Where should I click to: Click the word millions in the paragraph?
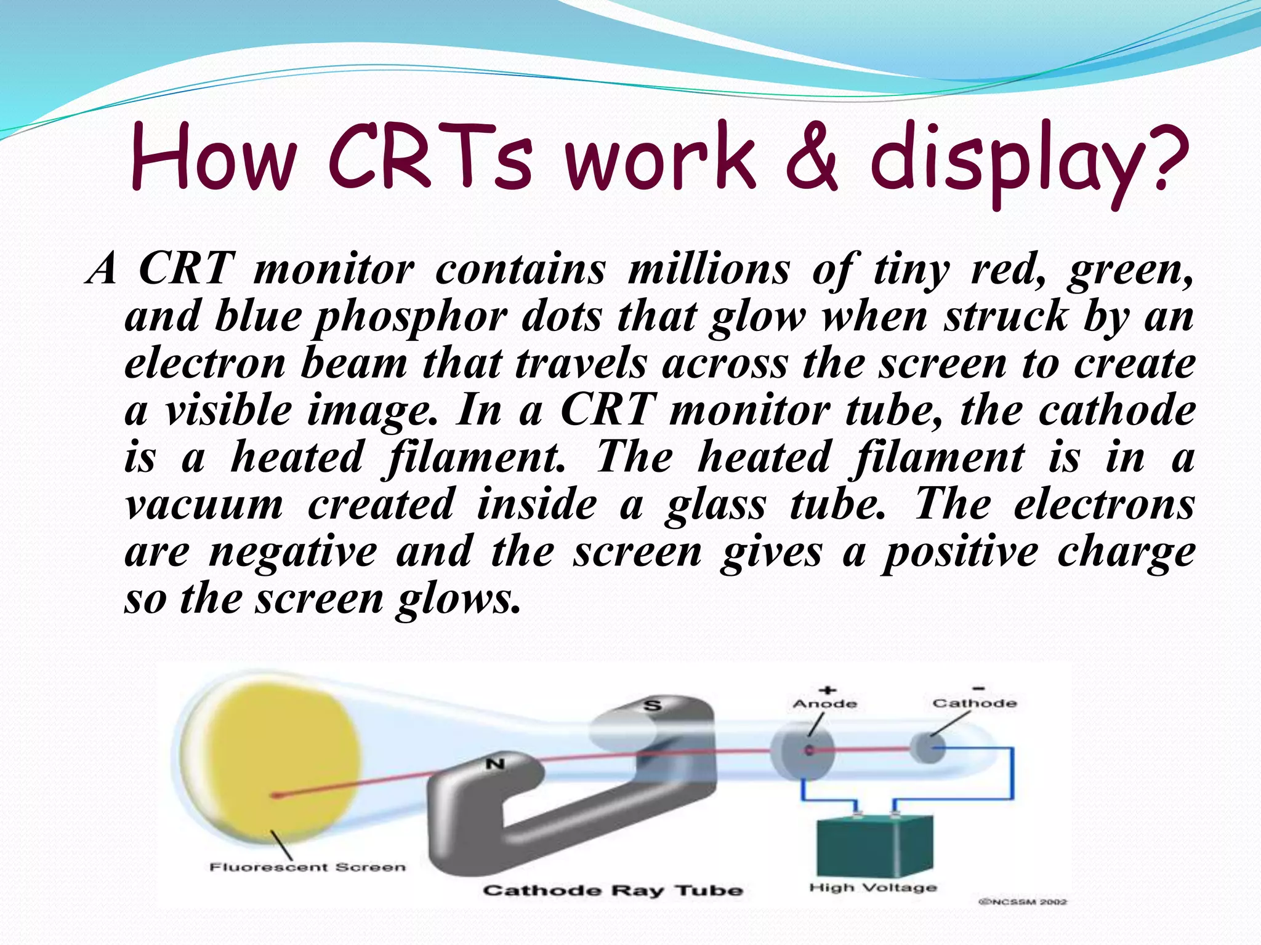coord(708,269)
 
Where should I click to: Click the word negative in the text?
coord(293,552)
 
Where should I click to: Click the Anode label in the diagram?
coord(824,704)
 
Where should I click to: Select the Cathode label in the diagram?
coord(974,703)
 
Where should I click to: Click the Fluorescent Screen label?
coord(308,867)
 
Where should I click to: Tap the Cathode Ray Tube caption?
coord(613,890)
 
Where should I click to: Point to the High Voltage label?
coord(872,887)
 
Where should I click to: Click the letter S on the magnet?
coord(652,705)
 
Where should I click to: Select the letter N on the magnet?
coord(495,764)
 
